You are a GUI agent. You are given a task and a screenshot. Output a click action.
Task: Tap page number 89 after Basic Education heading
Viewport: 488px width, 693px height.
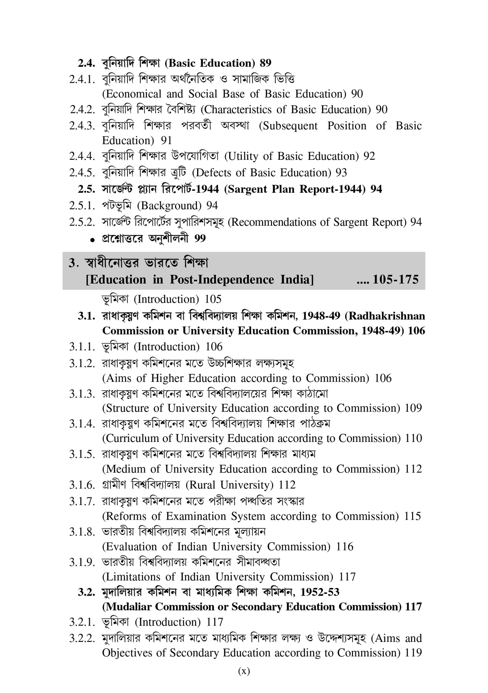tap(265, 63)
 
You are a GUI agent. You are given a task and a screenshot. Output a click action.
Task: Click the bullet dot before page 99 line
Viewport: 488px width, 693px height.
tap(93, 240)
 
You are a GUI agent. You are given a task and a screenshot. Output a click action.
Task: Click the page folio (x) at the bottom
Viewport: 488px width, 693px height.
tap(244, 671)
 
